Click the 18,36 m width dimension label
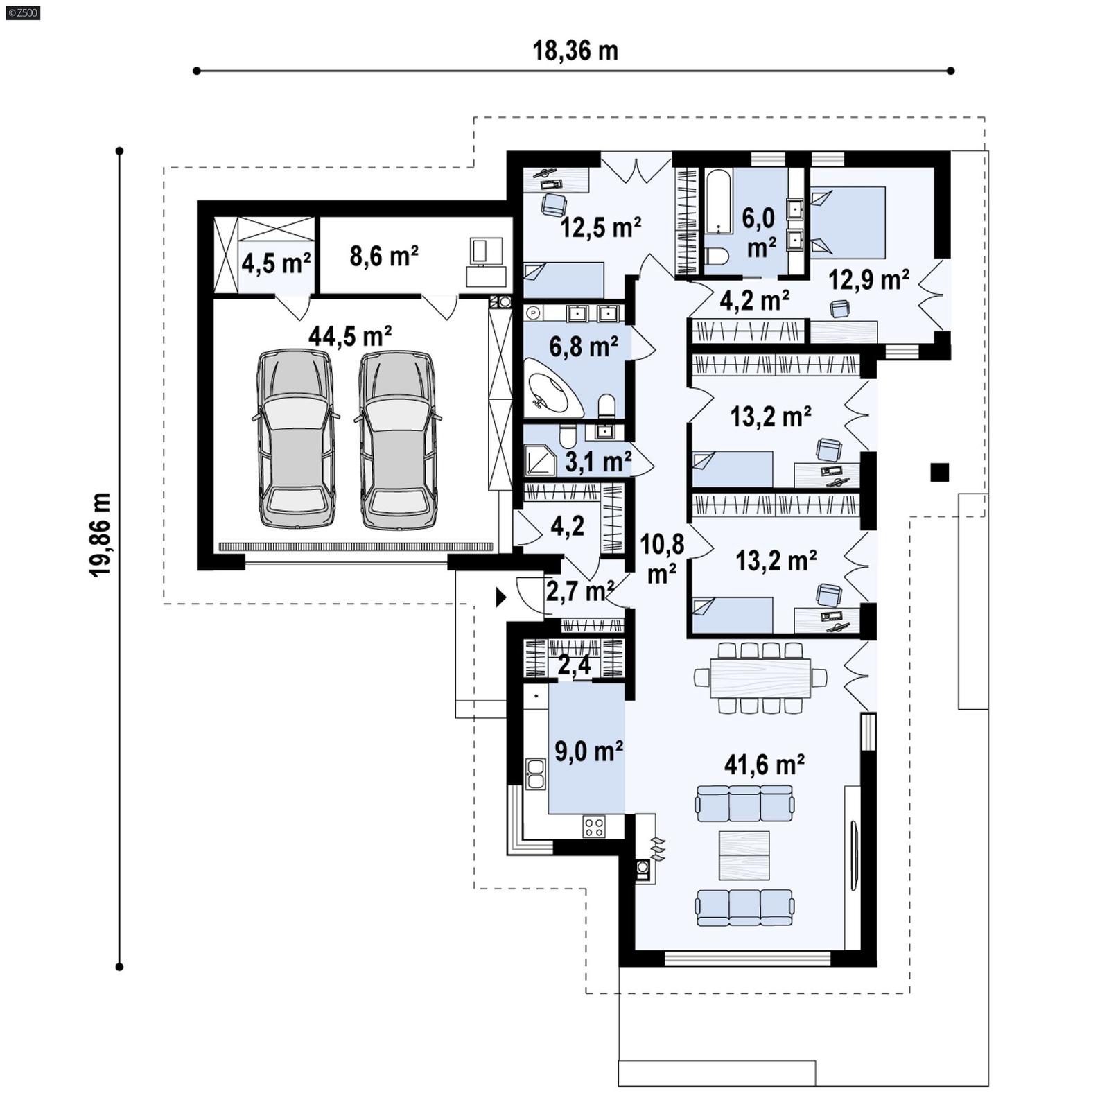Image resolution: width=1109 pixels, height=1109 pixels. [575, 51]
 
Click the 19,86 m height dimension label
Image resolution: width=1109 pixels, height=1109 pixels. [100, 534]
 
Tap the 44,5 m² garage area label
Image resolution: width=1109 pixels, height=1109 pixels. [350, 336]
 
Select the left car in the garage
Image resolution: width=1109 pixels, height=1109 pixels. [296, 438]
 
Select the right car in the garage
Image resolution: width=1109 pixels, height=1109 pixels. [398, 438]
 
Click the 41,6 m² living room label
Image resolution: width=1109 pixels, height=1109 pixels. [764, 765]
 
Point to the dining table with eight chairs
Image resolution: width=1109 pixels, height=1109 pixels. [760, 678]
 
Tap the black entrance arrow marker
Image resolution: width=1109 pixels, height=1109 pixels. [500, 597]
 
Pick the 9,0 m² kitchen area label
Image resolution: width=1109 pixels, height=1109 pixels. [588, 751]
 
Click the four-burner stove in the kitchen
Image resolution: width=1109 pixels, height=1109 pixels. [594, 826]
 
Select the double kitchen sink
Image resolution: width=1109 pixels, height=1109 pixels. [535, 774]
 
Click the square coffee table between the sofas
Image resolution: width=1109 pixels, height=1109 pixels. [744, 855]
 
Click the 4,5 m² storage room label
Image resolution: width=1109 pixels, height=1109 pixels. [276, 263]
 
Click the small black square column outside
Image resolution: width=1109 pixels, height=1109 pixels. [939, 472]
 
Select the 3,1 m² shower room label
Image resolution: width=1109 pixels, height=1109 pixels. [597, 461]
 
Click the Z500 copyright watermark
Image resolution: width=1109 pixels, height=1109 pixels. [22, 12]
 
